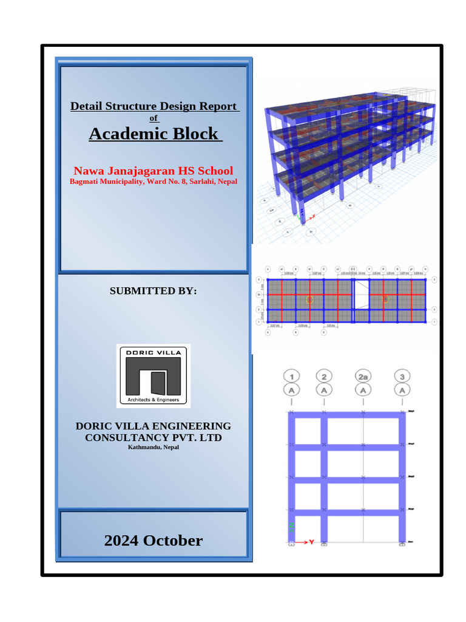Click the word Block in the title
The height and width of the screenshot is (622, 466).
(195, 134)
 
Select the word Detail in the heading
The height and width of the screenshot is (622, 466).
(86, 106)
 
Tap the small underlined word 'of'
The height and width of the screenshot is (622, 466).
(154, 118)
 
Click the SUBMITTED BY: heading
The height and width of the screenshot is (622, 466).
(154, 291)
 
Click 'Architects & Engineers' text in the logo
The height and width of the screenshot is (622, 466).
(154, 400)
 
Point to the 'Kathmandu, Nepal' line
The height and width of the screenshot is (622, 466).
(154, 448)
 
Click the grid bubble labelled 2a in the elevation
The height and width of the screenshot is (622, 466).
(363, 375)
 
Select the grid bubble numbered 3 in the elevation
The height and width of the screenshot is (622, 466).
(401, 375)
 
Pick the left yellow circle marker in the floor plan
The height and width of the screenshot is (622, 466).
(309, 299)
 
